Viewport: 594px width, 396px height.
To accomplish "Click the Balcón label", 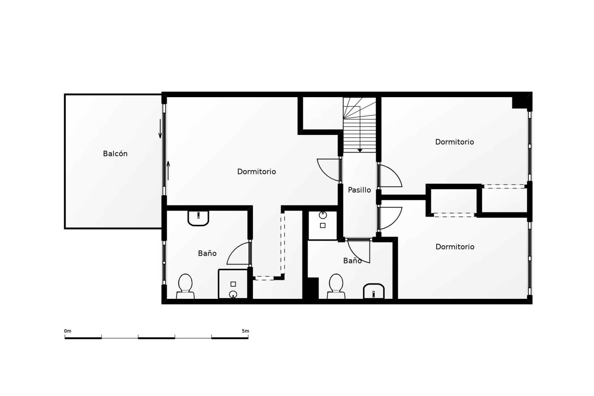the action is pyautogui.click(x=115, y=154).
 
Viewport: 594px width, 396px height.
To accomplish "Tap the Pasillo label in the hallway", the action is pyautogui.click(x=359, y=190).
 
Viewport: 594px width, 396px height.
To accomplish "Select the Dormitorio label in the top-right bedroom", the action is pyautogui.click(x=454, y=142).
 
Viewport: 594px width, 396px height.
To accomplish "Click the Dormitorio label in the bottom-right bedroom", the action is pyautogui.click(x=455, y=247).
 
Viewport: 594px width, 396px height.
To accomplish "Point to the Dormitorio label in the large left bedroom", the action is pyautogui.click(x=256, y=172).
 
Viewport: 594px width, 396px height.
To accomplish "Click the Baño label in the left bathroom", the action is pyautogui.click(x=207, y=253).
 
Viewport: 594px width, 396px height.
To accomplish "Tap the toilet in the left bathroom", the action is pyautogui.click(x=185, y=286).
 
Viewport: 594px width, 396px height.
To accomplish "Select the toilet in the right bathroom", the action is pyautogui.click(x=336, y=286).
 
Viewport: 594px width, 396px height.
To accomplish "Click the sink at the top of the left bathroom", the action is pyautogui.click(x=198, y=218).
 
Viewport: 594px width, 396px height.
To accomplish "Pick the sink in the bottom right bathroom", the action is pyautogui.click(x=374, y=291).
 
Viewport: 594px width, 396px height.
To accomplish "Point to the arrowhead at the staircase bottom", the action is pyautogui.click(x=360, y=151).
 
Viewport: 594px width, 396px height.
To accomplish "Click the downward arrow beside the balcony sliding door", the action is pyautogui.click(x=160, y=129).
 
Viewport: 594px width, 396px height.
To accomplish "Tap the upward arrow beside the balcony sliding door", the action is pyautogui.click(x=169, y=170).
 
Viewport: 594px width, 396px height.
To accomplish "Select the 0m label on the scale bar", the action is pyautogui.click(x=68, y=331).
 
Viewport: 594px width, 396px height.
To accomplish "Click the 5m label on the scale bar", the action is pyautogui.click(x=245, y=331).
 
